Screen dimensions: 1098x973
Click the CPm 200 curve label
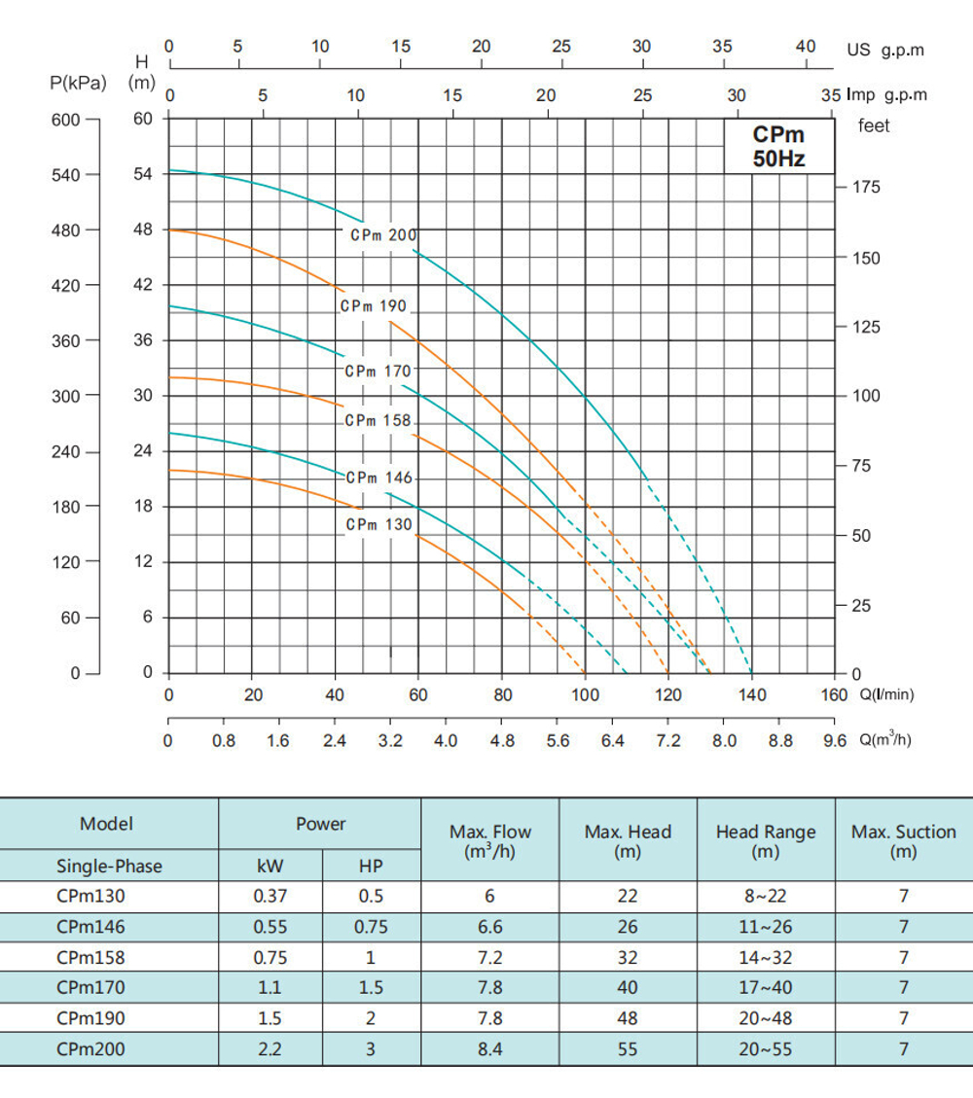(383, 235)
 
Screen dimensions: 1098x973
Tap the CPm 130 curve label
(379, 525)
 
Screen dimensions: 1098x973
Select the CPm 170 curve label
(378, 371)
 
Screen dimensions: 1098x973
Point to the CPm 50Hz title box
(779, 147)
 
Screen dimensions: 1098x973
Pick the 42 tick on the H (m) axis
(143, 286)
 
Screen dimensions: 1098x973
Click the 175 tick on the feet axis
(866, 188)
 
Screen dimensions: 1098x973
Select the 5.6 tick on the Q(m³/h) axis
(558, 741)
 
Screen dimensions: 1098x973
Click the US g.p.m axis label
(884, 50)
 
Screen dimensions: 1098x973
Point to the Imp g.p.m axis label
(887, 95)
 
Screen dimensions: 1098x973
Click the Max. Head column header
(628, 841)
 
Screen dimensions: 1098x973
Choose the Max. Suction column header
(903, 841)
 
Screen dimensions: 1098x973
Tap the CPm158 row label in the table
(90, 957)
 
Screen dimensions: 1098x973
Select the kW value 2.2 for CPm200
(270, 1049)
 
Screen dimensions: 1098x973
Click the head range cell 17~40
(765, 988)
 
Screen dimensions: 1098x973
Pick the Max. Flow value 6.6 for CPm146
(490, 927)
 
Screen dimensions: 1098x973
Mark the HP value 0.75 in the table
(371, 927)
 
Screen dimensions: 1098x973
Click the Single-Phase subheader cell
(109, 866)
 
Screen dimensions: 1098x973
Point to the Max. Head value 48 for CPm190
(628, 1018)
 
